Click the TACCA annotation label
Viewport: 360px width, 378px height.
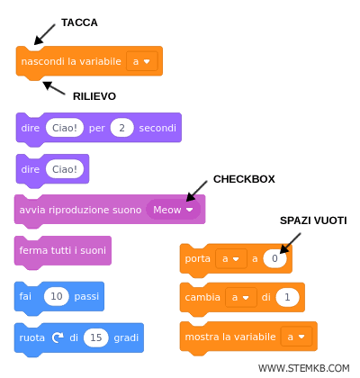pyautogui.click(x=78, y=22)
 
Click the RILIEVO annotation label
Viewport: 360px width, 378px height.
pyautogui.click(x=94, y=95)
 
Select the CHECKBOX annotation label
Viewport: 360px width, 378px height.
pyautogui.click(x=242, y=178)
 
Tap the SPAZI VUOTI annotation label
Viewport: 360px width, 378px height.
pyautogui.click(x=312, y=220)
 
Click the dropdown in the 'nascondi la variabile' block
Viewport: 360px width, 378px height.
pyautogui.click(x=141, y=61)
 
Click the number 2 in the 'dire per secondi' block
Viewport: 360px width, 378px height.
pyautogui.click(x=121, y=129)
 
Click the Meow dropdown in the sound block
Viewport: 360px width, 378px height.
pyautogui.click(x=173, y=210)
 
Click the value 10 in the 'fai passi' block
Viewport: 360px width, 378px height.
pyautogui.click(x=56, y=296)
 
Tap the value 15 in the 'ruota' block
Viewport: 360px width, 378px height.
pyautogui.click(x=96, y=337)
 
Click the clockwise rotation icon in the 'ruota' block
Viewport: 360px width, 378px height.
pyautogui.click(x=58, y=337)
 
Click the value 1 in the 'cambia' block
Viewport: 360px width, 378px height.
pyautogui.click(x=286, y=297)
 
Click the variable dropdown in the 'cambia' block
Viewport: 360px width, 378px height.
pyautogui.click(x=238, y=297)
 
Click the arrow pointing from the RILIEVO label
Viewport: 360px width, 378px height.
pyautogui.click(x=55, y=88)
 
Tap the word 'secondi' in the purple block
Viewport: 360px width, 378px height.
pyautogui.click(x=157, y=129)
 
